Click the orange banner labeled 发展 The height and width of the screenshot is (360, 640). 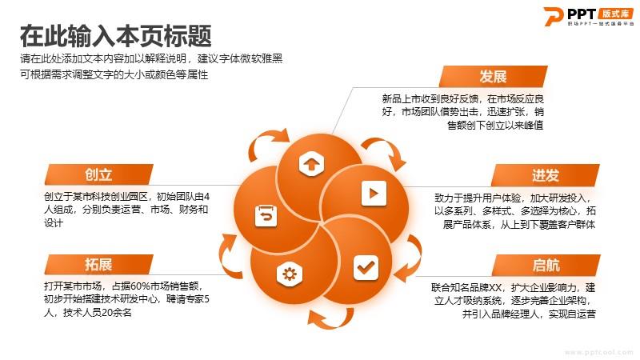click(x=493, y=76)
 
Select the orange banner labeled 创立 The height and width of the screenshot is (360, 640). click(x=98, y=174)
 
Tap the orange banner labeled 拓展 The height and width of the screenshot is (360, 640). click(x=98, y=265)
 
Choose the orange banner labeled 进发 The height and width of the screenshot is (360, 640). click(x=546, y=175)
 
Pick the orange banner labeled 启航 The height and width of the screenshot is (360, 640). click(x=546, y=266)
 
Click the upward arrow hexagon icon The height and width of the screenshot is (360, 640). click(x=311, y=164)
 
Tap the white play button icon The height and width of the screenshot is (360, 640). click(x=374, y=193)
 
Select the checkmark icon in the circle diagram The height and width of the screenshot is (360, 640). click(x=366, y=268)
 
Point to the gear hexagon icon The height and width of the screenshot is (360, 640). click(x=290, y=274)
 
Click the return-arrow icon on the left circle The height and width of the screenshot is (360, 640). click(x=266, y=215)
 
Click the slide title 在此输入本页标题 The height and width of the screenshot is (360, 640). click(x=116, y=36)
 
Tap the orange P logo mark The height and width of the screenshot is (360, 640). click(x=554, y=16)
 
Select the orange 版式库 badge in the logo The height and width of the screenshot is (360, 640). click(x=616, y=14)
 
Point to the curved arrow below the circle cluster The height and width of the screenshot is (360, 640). click(x=330, y=318)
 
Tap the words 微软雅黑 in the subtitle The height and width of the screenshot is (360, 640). click(x=262, y=58)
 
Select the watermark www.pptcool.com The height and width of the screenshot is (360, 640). click(x=599, y=352)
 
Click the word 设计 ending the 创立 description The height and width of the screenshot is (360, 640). click(x=54, y=223)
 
